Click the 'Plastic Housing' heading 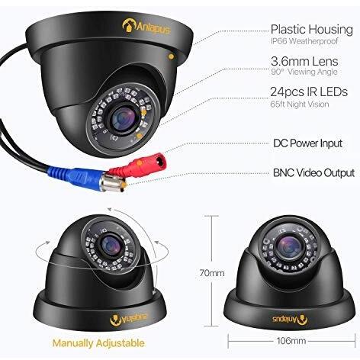pyautogui.click(x=312, y=30)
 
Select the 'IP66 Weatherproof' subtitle pyautogui.click(x=304, y=41)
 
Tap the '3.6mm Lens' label pyautogui.click(x=304, y=61)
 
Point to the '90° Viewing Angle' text pyautogui.click(x=304, y=72)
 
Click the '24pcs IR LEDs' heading pyautogui.click(x=309, y=92)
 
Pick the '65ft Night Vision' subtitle pyautogui.click(x=300, y=104)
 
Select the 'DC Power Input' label pyautogui.click(x=307, y=143)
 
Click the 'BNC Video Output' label pyautogui.click(x=313, y=173)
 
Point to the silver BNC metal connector pyautogui.click(x=113, y=182)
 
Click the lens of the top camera pyautogui.click(x=124, y=118)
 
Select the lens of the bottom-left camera pyautogui.click(x=111, y=245)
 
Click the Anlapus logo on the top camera pyautogui.click(x=146, y=27)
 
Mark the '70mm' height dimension pyautogui.click(x=212, y=273)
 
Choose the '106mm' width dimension pyautogui.click(x=291, y=341)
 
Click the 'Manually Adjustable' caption pyautogui.click(x=98, y=343)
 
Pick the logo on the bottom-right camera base pyautogui.click(x=290, y=319)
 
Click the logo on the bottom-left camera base pyautogui.click(x=129, y=319)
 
